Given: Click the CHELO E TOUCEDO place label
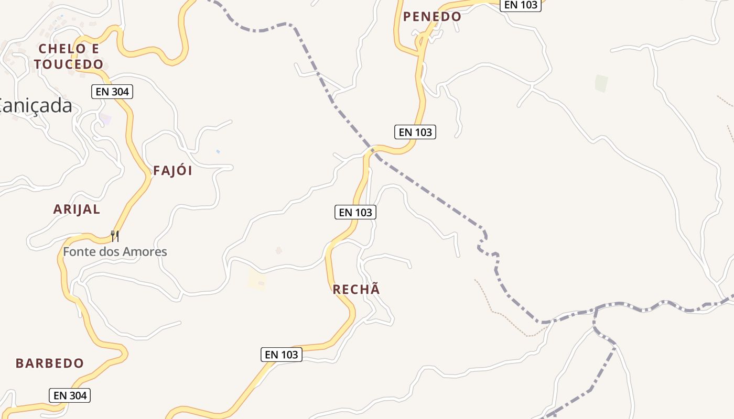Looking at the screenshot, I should point(69,57).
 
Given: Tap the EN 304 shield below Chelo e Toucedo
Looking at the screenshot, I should point(112,92).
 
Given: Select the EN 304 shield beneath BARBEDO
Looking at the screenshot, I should point(70,395).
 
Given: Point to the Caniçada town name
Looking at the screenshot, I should point(36,106).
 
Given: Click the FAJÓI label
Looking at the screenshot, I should point(172,171).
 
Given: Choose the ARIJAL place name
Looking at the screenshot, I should point(77,210).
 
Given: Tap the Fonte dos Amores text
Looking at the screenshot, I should point(115,251).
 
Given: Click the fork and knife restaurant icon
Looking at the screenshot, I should point(115,236).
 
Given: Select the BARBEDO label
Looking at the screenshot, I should point(50,363).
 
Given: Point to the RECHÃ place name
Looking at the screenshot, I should point(356,289).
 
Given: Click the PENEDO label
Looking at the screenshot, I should point(432,17).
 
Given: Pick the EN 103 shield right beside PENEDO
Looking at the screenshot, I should point(520,5).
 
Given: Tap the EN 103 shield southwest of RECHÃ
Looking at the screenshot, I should point(282,355).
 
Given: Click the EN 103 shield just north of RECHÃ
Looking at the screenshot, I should point(355,212).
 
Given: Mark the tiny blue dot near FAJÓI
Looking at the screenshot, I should point(218,151).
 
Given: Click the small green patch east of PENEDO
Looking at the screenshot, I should point(601,83).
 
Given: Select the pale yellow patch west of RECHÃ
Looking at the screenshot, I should point(257,280).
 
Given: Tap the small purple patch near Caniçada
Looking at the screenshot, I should point(106,119).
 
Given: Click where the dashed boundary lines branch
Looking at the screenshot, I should point(596,308).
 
